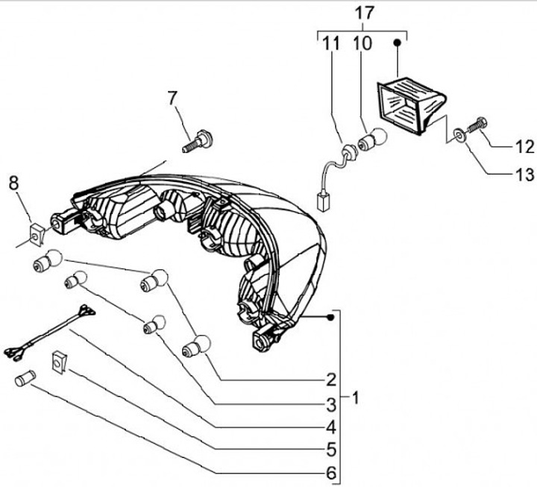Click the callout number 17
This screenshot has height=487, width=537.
tap(362, 13)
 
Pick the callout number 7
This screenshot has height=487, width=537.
tap(172, 98)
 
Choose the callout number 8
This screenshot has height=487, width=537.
tap(13, 182)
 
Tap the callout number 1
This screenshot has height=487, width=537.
tap(356, 398)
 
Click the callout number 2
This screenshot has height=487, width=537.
tap(330, 377)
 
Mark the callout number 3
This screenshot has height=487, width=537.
tap(330, 404)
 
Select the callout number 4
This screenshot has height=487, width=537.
tap(330, 427)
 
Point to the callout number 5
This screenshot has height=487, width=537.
tap(330, 450)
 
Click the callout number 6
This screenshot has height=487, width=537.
tap(330, 474)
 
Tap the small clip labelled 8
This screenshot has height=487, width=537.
tap(34, 233)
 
